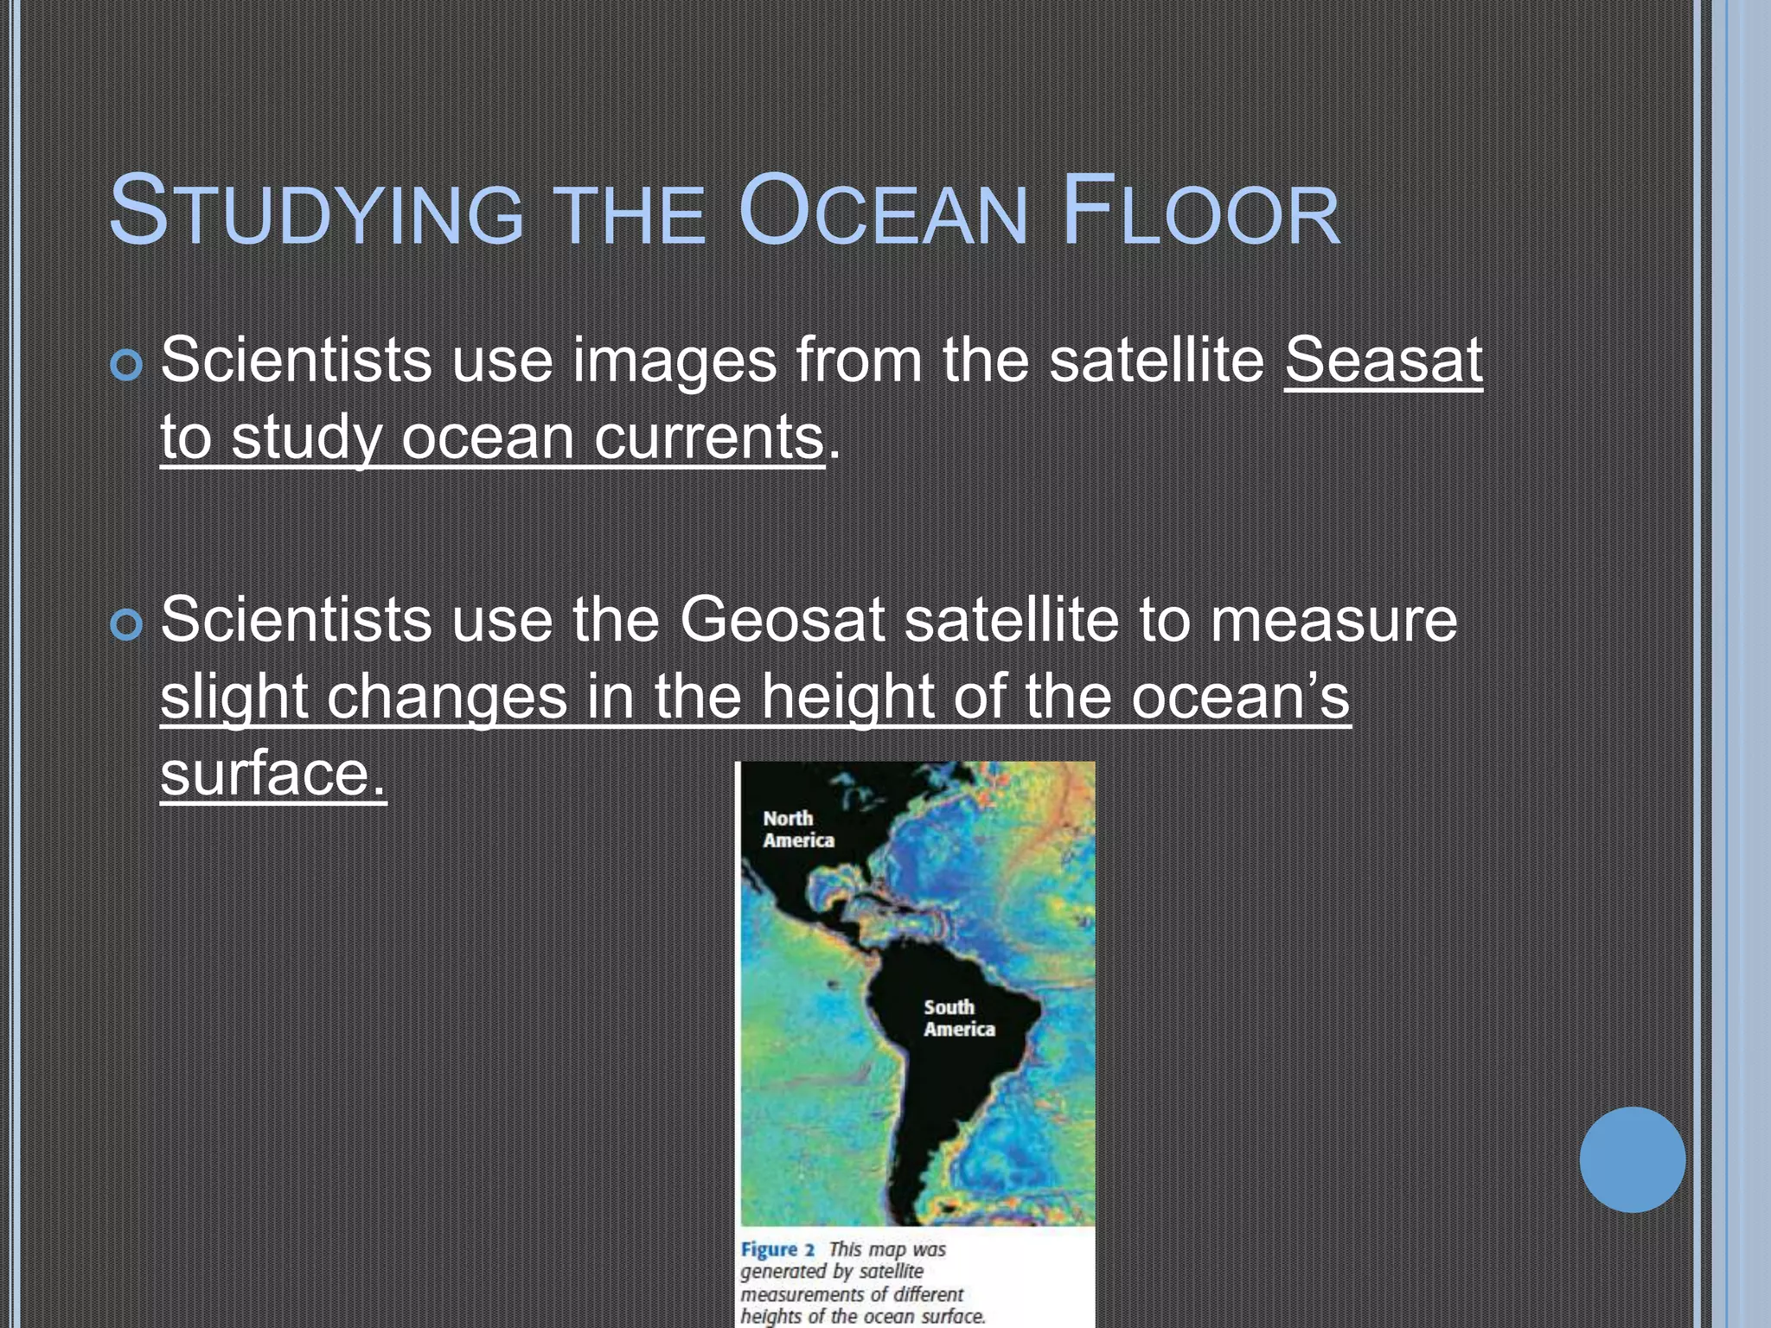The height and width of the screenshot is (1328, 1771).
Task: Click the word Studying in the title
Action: (x=316, y=212)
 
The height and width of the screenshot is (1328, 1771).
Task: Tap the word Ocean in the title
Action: (x=882, y=212)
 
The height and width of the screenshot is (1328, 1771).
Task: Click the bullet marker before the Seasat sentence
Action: (x=126, y=366)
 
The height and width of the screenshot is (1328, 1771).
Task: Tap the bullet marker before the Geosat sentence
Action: (x=126, y=625)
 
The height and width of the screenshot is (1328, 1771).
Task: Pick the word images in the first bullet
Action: (x=675, y=361)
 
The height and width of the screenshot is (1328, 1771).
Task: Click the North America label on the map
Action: (x=797, y=829)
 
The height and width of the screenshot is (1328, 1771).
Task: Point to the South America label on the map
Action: (x=958, y=1018)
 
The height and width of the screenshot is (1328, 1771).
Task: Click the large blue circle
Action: (x=1632, y=1159)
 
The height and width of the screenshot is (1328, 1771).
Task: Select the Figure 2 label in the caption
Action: (x=777, y=1249)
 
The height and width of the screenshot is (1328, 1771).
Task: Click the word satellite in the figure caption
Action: (x=891, y=1272)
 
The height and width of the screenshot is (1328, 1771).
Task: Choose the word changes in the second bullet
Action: (x=447, y=697)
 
